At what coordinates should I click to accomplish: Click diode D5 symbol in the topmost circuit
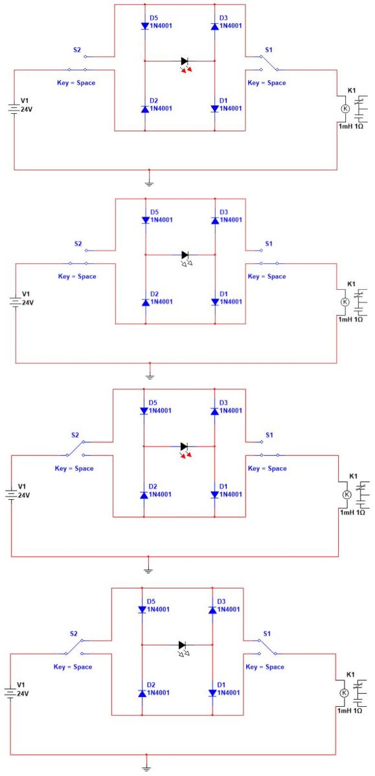[x=145, y=26]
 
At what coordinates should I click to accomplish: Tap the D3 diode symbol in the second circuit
[x=215, y=221]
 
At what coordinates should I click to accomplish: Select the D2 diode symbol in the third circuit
[x=144, y=495]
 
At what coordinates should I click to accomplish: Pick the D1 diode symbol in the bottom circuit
[x=212, y=693]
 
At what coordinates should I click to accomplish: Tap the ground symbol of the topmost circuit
[x=149, y=183]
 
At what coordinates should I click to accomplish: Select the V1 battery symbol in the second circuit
[x=16, y=302]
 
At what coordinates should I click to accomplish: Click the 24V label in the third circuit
[x=24, y=495]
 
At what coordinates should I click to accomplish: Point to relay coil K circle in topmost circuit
[x=345, y=109]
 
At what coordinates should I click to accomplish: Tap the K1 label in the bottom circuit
[x=351, y=674]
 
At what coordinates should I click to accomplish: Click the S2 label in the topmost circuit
[x=77, y=50]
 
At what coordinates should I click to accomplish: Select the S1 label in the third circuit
[x=269, y=435]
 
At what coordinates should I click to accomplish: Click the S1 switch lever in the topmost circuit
[x=269, y=63]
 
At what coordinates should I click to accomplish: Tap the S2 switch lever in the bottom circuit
[x=74, y=647]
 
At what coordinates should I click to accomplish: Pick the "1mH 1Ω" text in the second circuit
[x=350, y=319]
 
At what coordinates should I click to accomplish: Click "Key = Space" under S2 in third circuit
[x=74, y=468]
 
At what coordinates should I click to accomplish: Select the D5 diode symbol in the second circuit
[x=146, y=221]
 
